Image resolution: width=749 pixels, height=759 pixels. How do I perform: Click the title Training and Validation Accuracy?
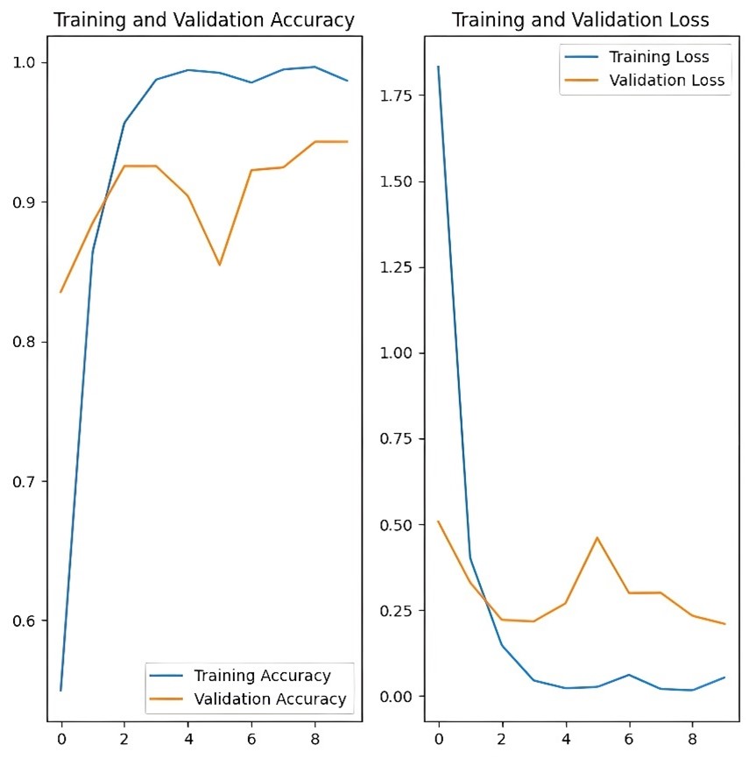click(204, 20)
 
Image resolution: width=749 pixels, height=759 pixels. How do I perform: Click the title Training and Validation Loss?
click(580, 20)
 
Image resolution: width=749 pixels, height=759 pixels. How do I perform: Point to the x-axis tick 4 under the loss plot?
click(565, 739)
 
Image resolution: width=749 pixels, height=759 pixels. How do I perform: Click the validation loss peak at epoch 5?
click(597, 537)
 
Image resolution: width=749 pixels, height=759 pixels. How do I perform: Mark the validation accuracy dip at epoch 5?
click(219, 265)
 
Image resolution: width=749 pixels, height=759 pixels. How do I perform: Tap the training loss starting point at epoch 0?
click(438, 67)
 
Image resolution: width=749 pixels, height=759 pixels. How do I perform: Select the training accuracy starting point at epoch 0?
click(60, 691)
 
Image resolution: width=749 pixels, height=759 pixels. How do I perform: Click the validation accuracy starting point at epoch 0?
click(60, 292)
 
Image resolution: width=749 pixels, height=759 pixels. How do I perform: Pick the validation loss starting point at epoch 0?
click(438, 521)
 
